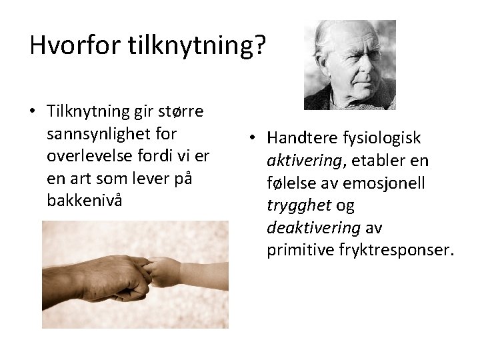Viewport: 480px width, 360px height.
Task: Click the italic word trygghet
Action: click(298, 205)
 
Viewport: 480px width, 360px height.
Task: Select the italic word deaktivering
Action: click(313, 228)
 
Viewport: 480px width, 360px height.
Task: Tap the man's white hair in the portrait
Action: click(331, 33)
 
